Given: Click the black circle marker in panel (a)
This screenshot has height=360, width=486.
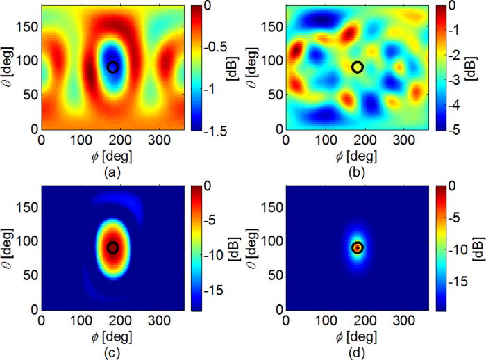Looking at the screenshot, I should point(113,67).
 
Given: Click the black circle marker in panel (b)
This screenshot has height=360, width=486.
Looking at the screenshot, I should point(358,67).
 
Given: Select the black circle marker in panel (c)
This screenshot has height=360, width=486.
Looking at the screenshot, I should point(113,247).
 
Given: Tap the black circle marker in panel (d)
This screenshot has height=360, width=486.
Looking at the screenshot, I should point(358,247).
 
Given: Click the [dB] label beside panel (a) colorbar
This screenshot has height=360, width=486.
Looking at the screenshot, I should point(245,67).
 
